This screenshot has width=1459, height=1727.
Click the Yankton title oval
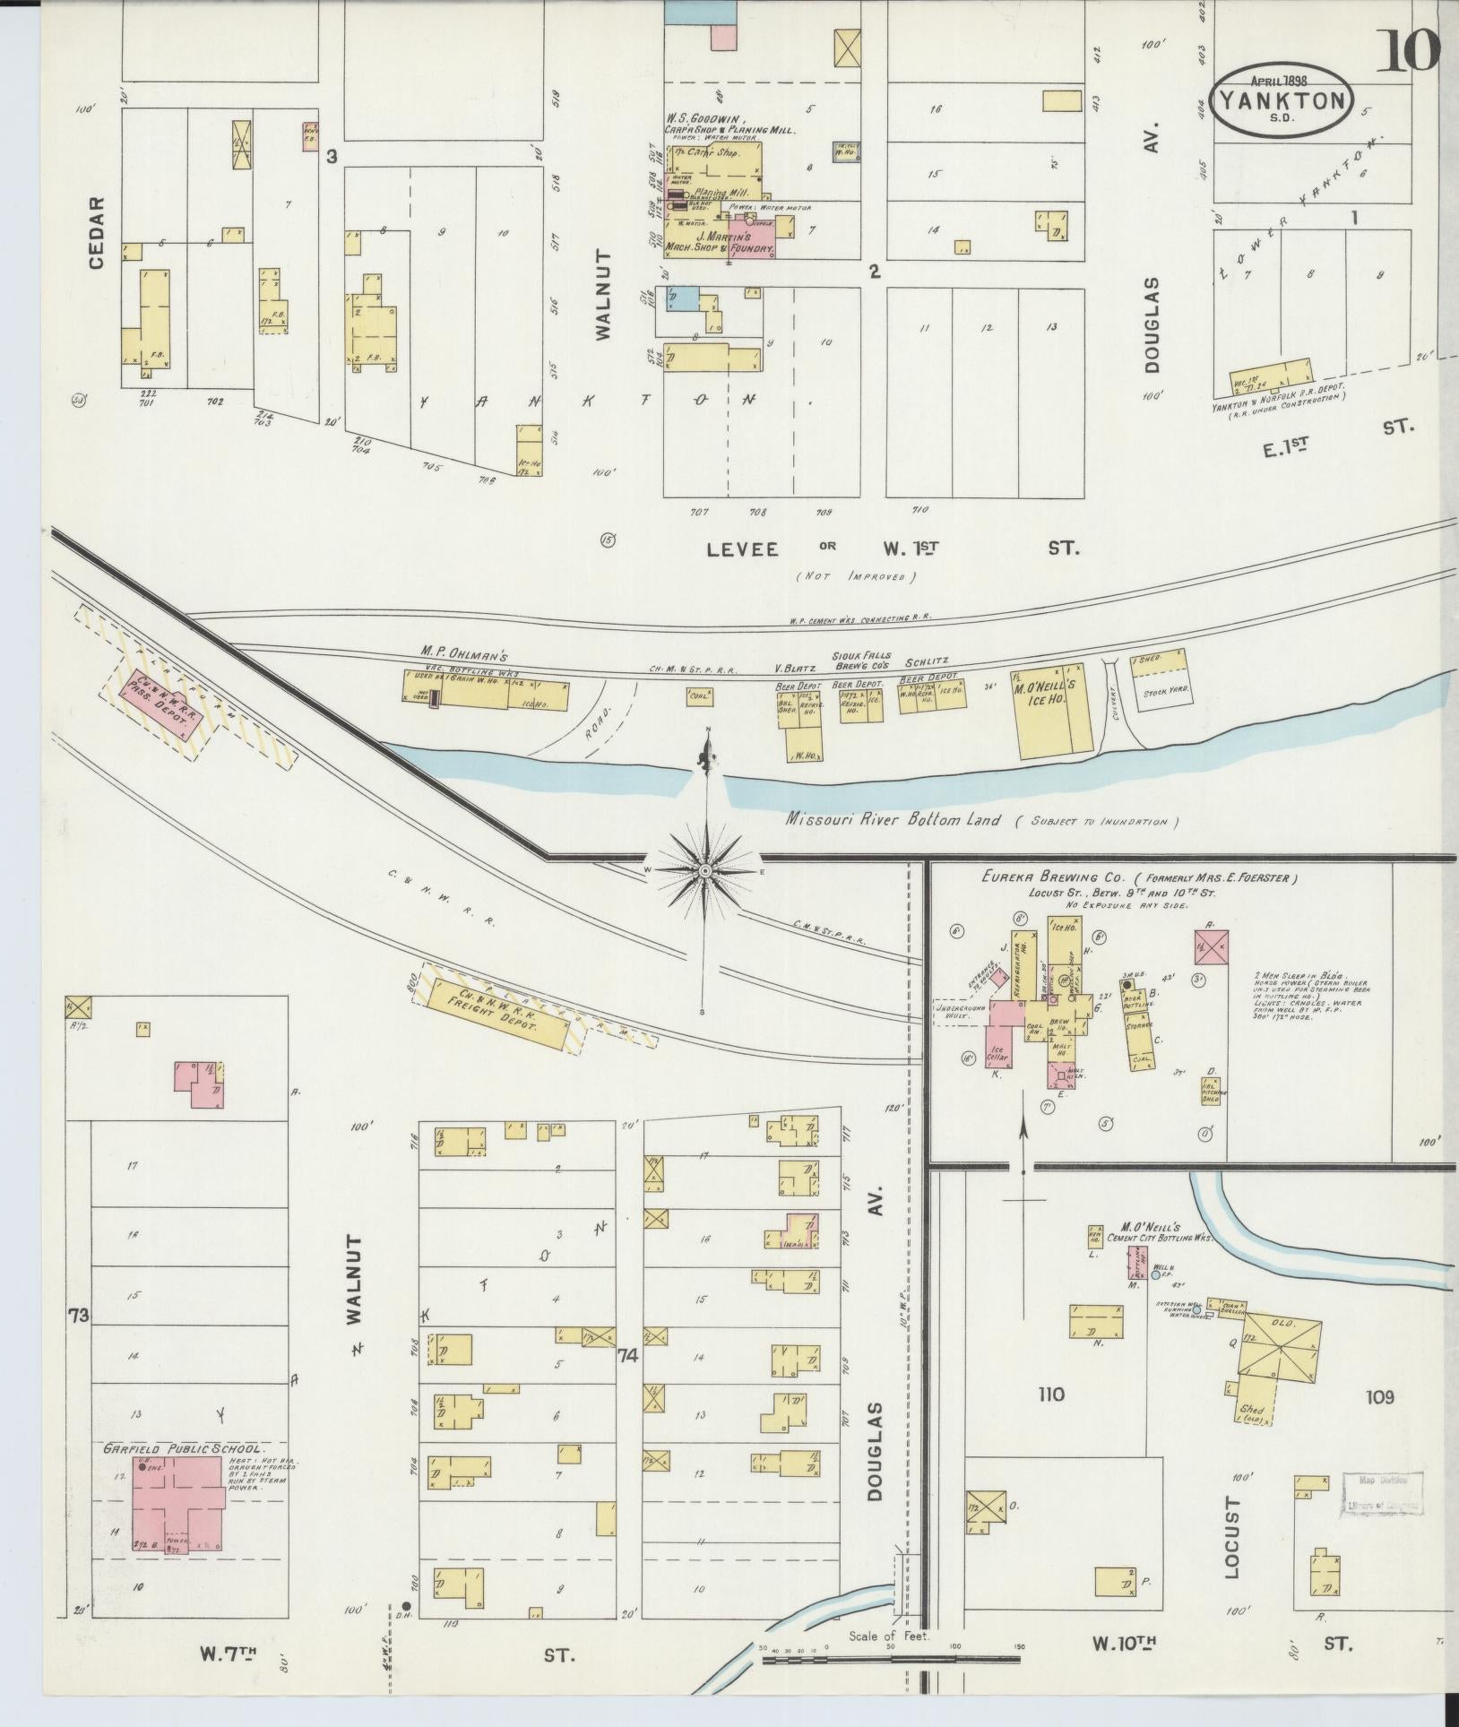[x=1282, y=99]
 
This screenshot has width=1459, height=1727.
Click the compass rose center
[x=705, y=870]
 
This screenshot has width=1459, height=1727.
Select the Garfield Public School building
[x=178, y=1503]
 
